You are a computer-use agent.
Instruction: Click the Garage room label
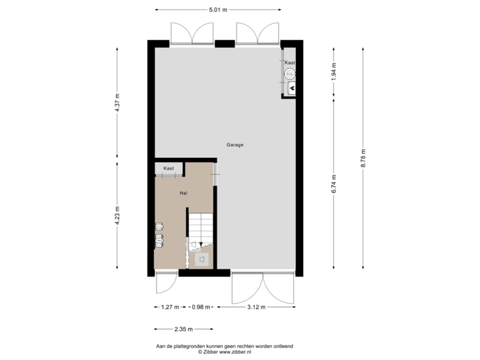click(234, 145)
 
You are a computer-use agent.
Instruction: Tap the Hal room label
click(183, 193)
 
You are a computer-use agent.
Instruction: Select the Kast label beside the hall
click(169, 169)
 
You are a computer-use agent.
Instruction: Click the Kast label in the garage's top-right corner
click(289, 63)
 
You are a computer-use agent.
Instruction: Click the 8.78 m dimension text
click(363, 158)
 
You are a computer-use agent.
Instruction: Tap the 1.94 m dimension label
click(334, 71)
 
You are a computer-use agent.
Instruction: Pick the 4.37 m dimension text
click(117, 103)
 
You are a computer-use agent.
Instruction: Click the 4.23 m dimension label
click(117, 215)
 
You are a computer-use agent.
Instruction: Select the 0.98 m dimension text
click(200, 307)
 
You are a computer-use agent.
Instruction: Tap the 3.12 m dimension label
click(256, 307)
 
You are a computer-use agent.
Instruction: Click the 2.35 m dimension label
click(183, 329)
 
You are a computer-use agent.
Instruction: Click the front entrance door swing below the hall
click(165, 283)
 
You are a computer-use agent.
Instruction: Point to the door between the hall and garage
click(215, 175)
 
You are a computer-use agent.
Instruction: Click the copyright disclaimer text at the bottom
click(226, 349)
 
